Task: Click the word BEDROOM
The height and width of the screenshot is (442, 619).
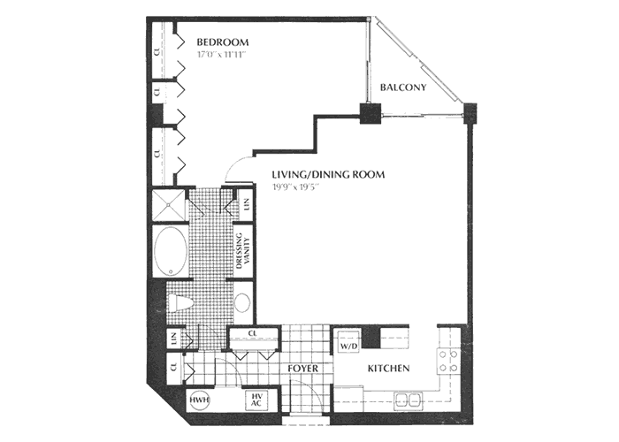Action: click(222, 42)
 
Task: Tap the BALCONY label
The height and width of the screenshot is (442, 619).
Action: click(403, 88)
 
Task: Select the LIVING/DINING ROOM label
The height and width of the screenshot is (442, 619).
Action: click(328, 175)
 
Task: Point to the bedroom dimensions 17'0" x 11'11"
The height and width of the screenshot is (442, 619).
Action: click(221, 54)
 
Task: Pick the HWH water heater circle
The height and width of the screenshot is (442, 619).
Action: click(198, 400)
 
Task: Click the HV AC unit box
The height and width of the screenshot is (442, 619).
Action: click(257, 400)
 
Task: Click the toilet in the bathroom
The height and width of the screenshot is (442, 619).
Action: click(182, 303)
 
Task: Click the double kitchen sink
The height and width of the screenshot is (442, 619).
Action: click(408, 398)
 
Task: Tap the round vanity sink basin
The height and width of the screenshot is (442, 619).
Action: click(242, 302)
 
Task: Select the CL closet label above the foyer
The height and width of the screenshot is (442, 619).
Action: click(253, 333)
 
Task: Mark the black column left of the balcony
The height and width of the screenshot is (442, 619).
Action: click(369, 113)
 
